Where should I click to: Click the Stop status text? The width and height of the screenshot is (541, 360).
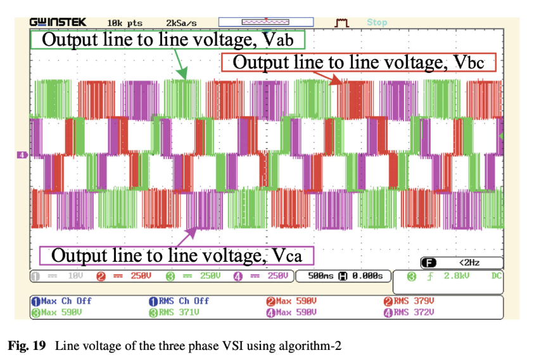376,23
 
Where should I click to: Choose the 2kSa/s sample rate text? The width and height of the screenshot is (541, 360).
182,23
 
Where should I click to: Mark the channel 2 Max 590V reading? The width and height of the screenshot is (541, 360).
291,301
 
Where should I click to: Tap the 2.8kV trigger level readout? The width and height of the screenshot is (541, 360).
455,276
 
